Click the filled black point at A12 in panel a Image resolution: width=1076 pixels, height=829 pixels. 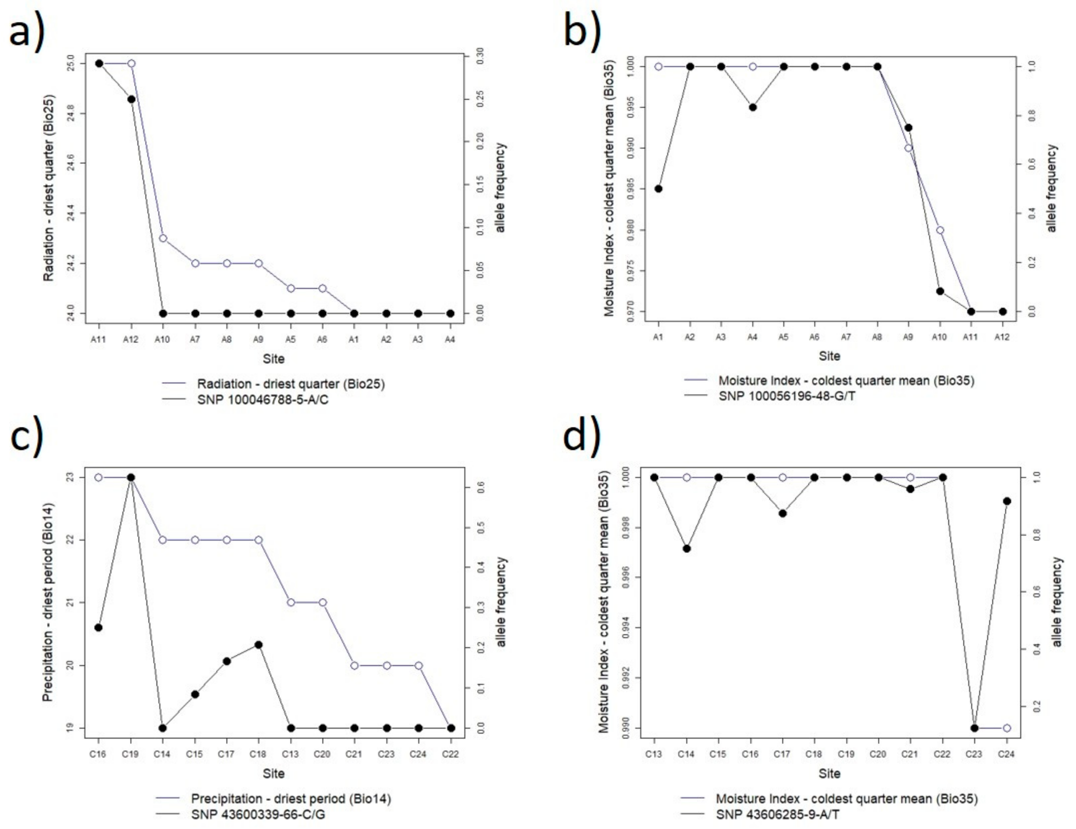131,99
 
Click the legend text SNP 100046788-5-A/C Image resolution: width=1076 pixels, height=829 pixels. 262,400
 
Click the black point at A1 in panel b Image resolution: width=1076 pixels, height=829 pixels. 658,189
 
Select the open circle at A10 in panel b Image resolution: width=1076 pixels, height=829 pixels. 939,230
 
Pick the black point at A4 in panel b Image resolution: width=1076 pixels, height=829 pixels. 753,108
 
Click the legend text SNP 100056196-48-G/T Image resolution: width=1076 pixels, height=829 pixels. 787,395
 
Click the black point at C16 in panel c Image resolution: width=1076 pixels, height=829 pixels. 98,627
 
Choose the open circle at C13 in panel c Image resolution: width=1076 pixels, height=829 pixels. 291,602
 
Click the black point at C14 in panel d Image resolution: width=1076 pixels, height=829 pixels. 687,548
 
